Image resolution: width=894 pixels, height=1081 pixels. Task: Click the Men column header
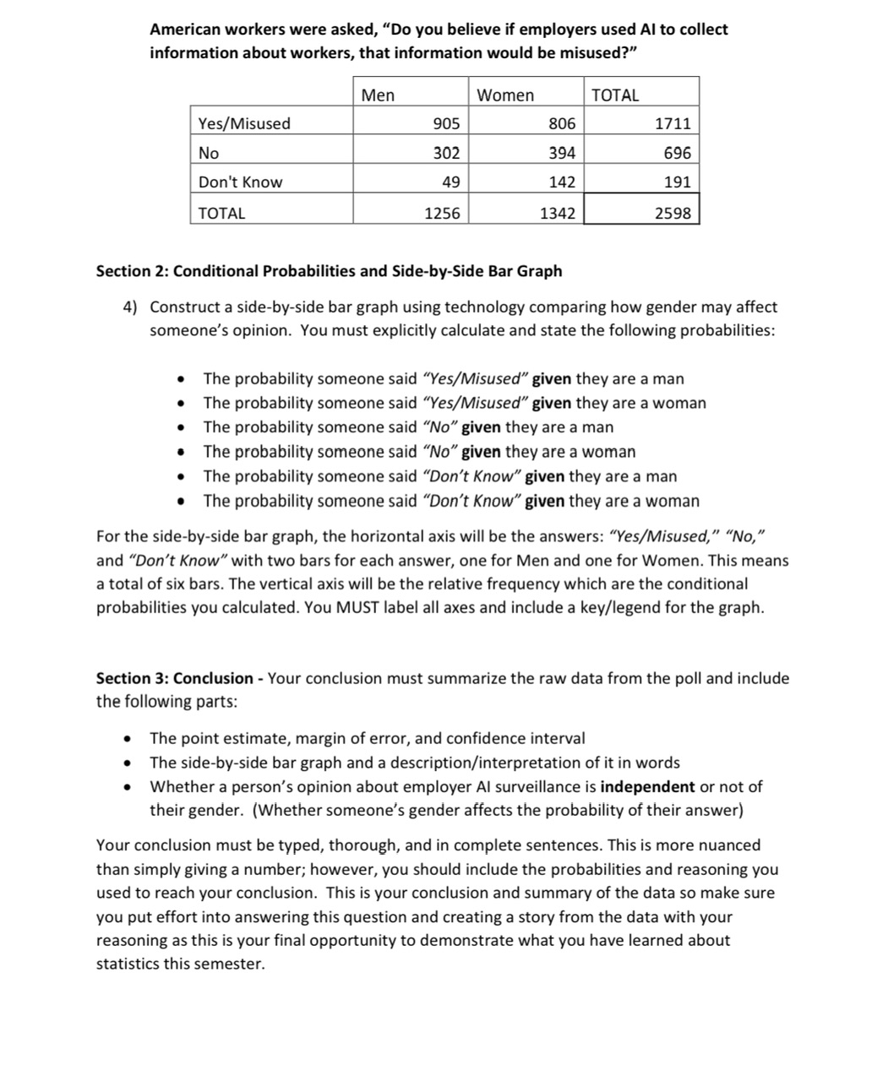point(378,95)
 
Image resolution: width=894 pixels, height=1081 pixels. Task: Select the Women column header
point(505,95)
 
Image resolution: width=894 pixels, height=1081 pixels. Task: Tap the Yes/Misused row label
point(244,123)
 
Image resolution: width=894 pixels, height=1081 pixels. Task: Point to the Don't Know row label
point(240,182)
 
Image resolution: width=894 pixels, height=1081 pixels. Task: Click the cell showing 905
point(446,123)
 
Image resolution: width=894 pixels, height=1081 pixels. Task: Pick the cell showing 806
point(562,123)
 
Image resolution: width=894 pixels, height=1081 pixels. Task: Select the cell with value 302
point(446,153)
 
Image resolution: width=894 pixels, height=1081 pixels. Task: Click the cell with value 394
point(562,153)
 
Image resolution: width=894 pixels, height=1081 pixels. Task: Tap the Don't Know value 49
point(451,182)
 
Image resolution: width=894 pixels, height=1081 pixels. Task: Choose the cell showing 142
point(562,182)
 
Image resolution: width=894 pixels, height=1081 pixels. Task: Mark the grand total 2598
point(673,213)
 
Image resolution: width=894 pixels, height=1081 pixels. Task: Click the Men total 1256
point(442,213)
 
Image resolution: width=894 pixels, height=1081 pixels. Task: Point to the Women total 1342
point(558,213)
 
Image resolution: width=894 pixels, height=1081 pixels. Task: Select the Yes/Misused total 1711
point(673,123)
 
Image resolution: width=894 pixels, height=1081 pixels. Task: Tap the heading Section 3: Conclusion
point(174,678)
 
